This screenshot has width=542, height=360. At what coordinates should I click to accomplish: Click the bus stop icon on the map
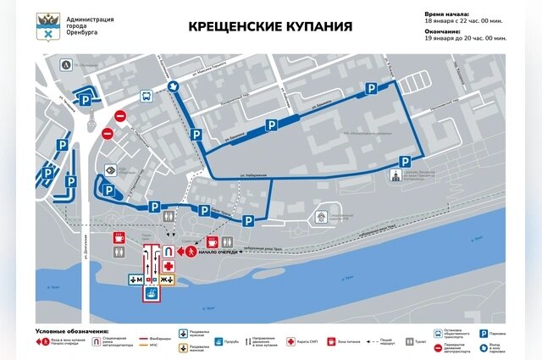point(146,97)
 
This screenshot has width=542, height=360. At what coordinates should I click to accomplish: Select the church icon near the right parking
point(395,175)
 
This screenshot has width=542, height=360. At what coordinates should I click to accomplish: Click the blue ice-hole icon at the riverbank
point(151,294)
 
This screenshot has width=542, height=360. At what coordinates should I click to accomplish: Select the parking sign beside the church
point(406,162)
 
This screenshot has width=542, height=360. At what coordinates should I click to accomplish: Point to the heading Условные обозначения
point(72,330)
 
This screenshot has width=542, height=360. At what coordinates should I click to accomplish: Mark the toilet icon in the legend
point(410,341)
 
